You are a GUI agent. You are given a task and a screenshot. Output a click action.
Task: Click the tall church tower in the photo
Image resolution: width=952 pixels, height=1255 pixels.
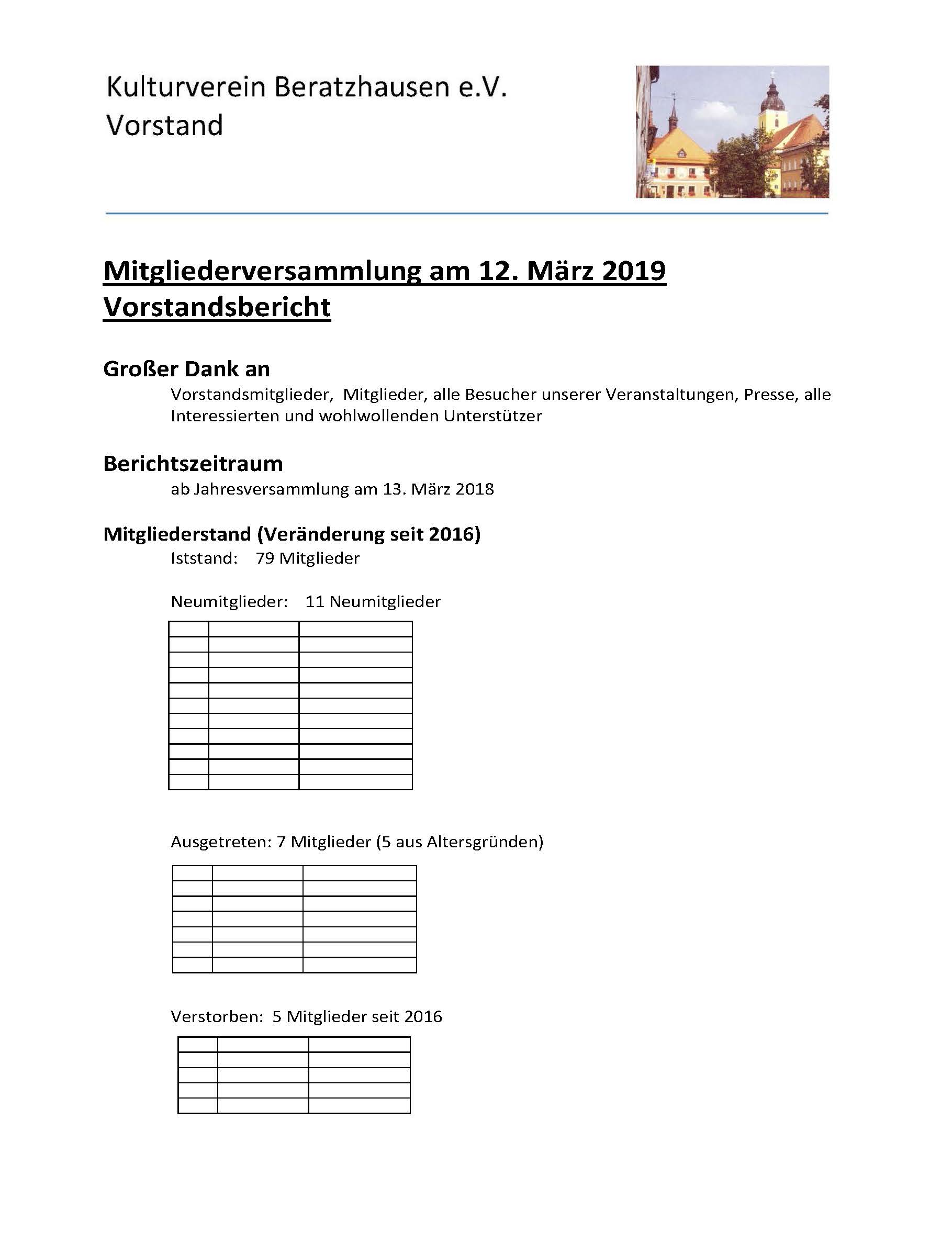(x=772, y=108)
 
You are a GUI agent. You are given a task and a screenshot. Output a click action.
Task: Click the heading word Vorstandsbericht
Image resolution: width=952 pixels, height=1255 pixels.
(x=217, y=308)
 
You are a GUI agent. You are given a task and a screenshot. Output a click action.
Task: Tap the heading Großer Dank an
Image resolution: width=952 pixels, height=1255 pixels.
(x=186, y=369)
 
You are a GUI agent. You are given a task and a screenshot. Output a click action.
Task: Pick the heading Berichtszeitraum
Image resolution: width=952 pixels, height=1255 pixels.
(x=193, y=464)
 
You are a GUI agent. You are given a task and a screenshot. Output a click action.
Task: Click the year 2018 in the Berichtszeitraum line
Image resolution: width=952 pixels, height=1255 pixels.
(x=475, y=489)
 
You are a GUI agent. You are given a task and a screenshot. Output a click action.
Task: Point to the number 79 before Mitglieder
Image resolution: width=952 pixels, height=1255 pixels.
(x=265, y=558)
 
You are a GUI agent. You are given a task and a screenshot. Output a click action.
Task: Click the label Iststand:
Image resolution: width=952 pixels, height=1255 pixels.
(x=204, y=558)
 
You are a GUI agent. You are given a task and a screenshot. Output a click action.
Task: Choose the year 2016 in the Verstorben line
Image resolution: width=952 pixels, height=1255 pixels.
(x=423, y=1016)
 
